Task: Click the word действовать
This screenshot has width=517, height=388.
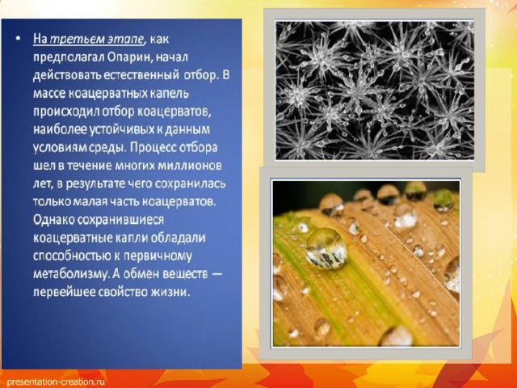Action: click(x=67, y=75)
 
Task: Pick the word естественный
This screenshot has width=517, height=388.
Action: click(x=141, y=75)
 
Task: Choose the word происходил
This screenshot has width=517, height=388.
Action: click(x=66, y=112)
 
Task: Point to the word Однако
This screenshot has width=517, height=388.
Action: click(x=53, y=219)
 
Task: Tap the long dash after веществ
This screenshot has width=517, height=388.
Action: click(x=216, y=275)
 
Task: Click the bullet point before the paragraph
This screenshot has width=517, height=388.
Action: click(x=18, y=40)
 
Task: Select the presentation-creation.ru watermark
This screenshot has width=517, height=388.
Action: click(x=56, y=382)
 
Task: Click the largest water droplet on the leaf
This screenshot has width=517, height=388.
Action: click(x=326, y=248)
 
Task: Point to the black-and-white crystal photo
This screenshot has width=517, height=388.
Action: click(x=375, y=90)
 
